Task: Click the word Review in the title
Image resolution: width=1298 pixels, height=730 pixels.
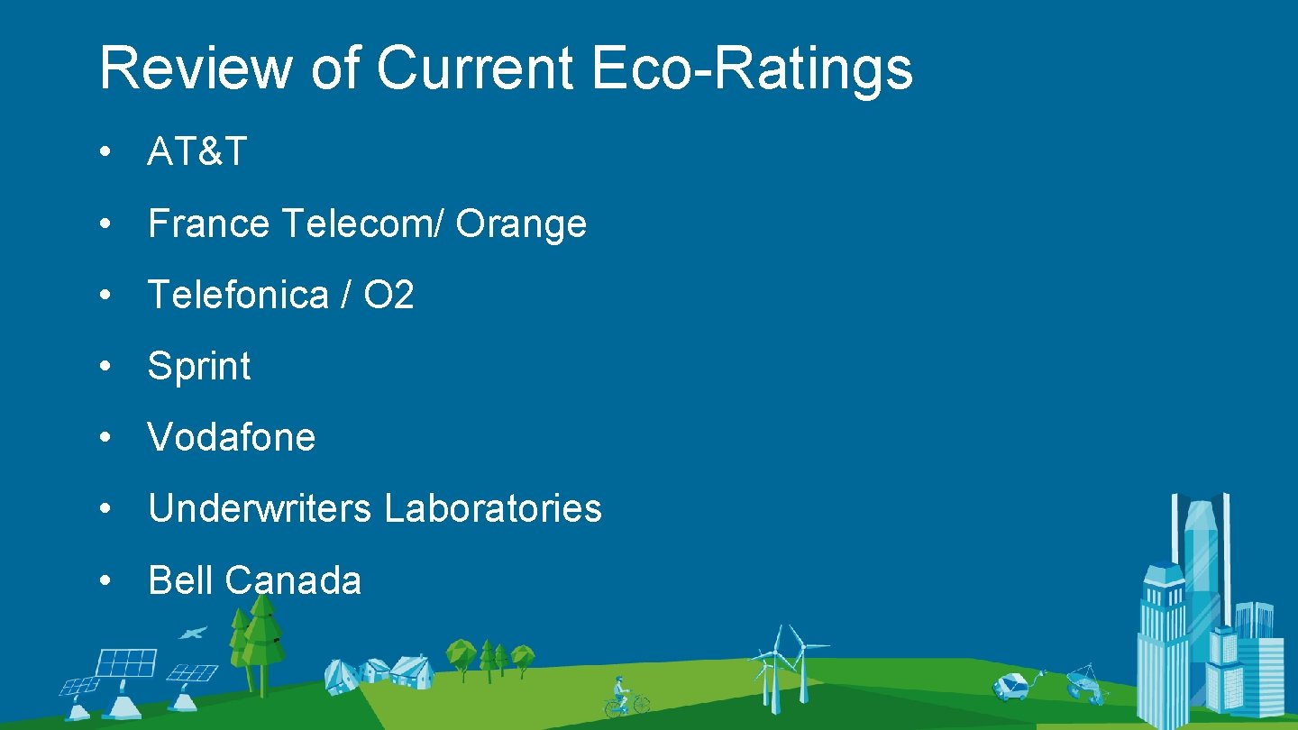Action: (x=196, y=68)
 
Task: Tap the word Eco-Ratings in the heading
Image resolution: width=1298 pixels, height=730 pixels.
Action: (x=752, y=68)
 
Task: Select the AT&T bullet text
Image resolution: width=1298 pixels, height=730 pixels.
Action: (x=197, y=152)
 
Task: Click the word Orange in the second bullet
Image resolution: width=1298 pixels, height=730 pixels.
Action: (x=521, y=224)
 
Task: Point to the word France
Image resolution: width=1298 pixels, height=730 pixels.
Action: (x=208, y=224)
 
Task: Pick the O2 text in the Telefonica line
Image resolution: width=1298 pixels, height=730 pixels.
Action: (x=388, y=295)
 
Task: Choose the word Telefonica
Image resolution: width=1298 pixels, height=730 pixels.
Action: (x=237, y=295)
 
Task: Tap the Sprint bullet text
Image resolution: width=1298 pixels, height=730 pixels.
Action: (x=199, y=367)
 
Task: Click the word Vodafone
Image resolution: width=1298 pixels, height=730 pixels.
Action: (x=232, y=437)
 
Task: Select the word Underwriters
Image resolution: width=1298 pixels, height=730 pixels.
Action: (x=260, y=508)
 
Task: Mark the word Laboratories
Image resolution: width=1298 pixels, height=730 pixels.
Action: (x=493, y=508)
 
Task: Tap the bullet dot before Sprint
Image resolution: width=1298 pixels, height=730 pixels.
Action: (x=105, y=367)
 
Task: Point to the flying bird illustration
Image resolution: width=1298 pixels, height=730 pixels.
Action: (x=192, y=634)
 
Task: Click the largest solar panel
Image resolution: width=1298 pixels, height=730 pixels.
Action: (x=126, y=662)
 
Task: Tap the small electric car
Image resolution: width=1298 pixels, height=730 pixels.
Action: (x=1010, y=686)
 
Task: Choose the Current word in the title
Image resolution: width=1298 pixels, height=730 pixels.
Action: (x=474, y=68)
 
